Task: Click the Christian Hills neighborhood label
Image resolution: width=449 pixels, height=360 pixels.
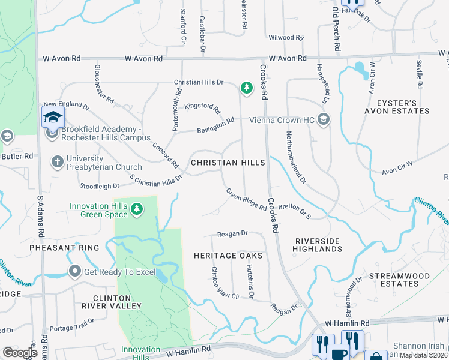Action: click(228, 163)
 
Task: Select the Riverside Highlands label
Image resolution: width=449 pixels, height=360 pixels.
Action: click(318, 245)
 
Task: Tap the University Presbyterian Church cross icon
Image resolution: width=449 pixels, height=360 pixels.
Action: click(57, 161)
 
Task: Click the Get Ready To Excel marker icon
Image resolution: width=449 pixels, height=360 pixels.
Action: click(75, 272)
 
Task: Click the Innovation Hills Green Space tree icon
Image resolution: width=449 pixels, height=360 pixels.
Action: click(137, 209)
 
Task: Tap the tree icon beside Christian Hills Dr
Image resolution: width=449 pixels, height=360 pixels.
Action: click(246, 88)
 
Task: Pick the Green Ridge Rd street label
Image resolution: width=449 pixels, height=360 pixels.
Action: click(246, 200)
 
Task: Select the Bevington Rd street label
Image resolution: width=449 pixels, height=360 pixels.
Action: click(216, 125)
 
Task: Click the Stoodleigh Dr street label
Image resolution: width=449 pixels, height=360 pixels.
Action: click(100, 187)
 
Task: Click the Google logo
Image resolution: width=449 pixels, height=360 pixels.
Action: click(20, 353)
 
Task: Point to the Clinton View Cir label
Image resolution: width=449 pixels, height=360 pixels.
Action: click(225, 285)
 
